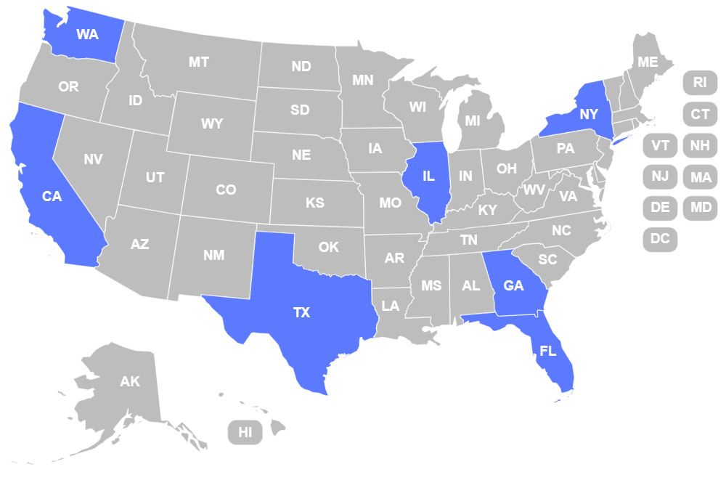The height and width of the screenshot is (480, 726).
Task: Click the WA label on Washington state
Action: [87, 34]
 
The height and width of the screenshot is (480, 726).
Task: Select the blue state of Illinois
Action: [428, 176]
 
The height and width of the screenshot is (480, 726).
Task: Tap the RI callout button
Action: [700, 82]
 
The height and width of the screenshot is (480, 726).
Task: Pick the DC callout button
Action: [660, 238]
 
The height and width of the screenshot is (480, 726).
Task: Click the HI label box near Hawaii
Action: [245, 433]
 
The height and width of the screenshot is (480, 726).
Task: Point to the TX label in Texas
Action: [301, 313]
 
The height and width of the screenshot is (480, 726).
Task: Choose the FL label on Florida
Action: [548, 351]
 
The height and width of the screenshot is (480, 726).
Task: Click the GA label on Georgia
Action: [513, 285]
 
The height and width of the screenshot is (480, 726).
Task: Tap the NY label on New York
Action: [589, 114]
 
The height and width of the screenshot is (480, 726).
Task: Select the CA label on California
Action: [52, 196]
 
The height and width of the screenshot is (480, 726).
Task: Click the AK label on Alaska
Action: [130, 381]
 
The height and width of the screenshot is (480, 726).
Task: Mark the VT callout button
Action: [660, 145]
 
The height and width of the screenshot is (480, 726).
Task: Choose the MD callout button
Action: [700, 208]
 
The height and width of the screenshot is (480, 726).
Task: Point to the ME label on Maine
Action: [648, 62]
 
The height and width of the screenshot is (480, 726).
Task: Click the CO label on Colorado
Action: [226, 190]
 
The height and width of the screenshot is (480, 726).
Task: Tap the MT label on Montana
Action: [199, 62]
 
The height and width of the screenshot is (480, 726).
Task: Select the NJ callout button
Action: [660, 176]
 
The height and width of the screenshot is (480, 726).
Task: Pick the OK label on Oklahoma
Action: [329, 247]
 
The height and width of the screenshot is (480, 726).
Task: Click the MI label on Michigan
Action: [473, 121]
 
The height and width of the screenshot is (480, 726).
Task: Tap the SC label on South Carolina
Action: [547, 259]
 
